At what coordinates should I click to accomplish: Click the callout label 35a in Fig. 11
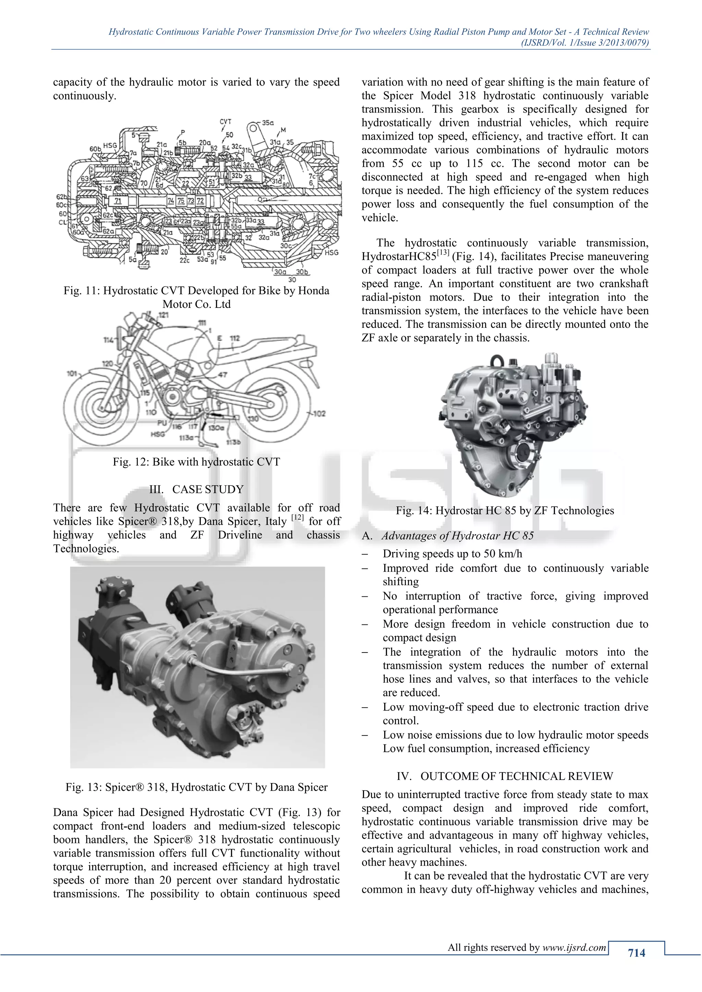(268, 123)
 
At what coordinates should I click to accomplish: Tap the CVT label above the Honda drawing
(225, 122)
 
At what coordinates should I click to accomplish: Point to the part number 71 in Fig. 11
(118, 201)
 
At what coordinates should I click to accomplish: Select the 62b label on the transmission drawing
(61, 197)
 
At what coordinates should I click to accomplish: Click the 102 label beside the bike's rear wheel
(319, 413)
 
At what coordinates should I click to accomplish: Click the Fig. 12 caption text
(196, 462)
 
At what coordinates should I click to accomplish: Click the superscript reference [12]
(297, 518)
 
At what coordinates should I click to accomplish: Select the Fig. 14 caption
(505, 510)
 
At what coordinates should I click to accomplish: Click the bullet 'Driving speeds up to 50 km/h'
(452, 554)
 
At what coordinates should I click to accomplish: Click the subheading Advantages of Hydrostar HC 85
(457, 536)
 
